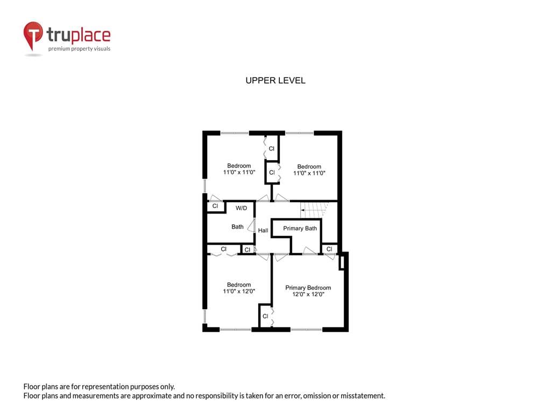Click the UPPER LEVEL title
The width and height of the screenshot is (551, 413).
(x=275, y=81)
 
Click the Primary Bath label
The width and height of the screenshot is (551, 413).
(x=300, y=228)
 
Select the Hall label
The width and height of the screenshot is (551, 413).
(x=263, y=230)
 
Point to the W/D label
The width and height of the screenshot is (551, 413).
(x=242, y=208)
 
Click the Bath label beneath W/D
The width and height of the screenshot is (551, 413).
(x=237, y=227)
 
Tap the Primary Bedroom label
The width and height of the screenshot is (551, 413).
(x=308, y=288)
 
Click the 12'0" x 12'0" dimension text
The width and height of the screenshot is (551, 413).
(x=308, y=294)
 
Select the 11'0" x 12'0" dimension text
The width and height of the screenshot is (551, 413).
(x=239, y=291)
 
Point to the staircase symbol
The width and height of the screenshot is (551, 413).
(x=314, y=209)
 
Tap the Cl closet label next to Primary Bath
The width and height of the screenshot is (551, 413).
(x=329, y=249)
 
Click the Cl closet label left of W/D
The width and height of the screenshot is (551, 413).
(x=215, y=206)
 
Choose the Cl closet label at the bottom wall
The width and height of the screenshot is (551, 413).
(x=265, y=316)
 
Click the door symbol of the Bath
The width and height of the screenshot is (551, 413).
(x=251, y=225)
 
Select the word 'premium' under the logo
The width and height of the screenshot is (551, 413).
(x=59, y=49)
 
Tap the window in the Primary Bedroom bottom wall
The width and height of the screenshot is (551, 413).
(x=306, y=330)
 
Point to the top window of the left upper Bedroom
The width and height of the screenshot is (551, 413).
(x=235, y=133)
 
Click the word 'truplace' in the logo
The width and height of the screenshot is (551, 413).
(x=79, y=35)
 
